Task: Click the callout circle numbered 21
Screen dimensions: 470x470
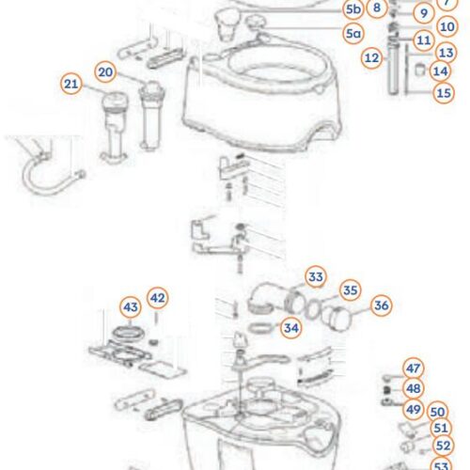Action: click(71, 85)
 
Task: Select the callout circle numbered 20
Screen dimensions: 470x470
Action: click(105, 71)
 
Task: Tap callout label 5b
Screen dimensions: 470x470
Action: click(352, 9)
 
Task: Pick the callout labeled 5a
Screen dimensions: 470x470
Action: click(352, 34)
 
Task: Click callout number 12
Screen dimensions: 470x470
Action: click(371, 57)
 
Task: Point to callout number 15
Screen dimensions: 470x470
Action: click(444, 92)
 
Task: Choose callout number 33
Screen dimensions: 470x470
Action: click(315, 276)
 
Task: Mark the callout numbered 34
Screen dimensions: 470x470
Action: click(291, 328)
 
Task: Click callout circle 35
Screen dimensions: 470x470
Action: click(350, 290)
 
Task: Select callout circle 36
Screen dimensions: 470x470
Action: click(381, 305)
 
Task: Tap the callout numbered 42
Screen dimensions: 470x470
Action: click(158, 298)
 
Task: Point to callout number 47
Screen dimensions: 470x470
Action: click(413, 368)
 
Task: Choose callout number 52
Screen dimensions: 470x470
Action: click(443, 445)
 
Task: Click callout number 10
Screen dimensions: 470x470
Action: click(446, 27)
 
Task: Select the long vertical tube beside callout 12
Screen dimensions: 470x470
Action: click(391, 70)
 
